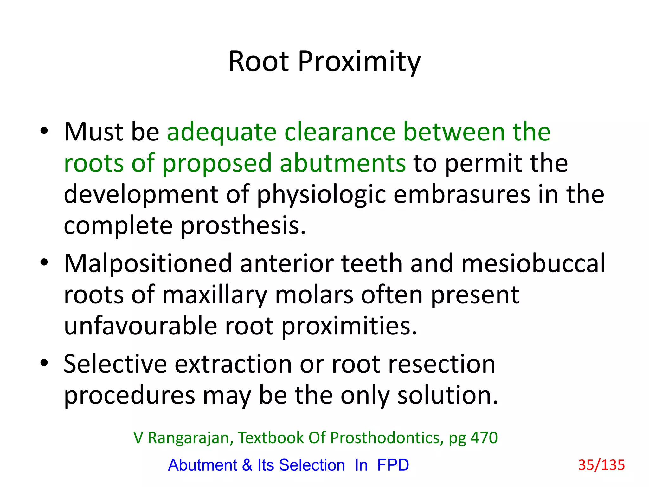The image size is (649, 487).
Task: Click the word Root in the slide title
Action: [259, 62]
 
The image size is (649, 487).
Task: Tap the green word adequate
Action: [222, 133]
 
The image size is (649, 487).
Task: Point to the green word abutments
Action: [343, 163]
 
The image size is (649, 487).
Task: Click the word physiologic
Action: [321, 195]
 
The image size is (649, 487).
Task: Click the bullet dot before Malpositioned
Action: [44, 263]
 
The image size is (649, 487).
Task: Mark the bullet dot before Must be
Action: [44, 131]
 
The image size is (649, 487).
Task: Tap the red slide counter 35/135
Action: [601, 465]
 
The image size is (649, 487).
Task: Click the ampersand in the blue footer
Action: [247, 465]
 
